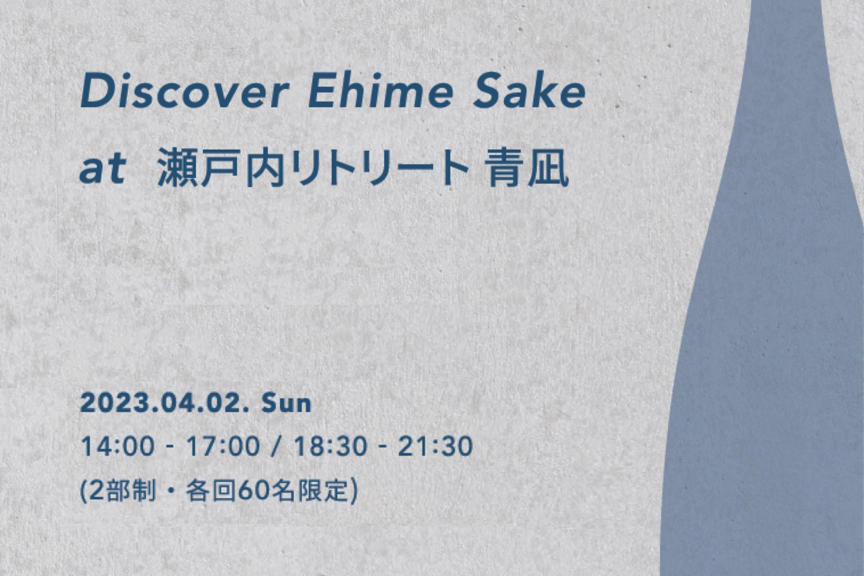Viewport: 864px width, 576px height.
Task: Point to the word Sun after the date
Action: [286, 404]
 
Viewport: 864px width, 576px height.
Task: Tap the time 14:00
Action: [118, 446]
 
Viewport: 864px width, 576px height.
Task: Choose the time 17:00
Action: [223, 446]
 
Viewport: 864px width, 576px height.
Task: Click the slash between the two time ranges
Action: [275, 446]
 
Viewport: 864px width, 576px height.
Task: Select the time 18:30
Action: [330, 446]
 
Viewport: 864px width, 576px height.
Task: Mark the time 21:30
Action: [435, 446]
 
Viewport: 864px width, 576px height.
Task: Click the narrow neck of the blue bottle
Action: [785, 58]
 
